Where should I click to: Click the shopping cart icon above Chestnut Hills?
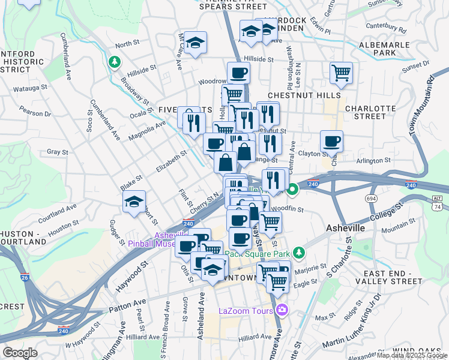click(x=341, y=73)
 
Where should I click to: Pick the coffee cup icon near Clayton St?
click(x=331, y=142)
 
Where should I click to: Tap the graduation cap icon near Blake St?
click(x=134, y=202)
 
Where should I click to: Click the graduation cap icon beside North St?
click(x=195, y=43)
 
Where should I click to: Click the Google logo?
click(x=20, y=353)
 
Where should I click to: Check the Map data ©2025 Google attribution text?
click(x=411, y=355)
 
